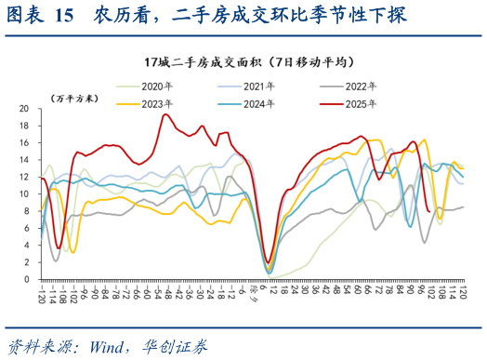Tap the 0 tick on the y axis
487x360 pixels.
click(27, 279)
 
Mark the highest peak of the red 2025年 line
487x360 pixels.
click(165, 114)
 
